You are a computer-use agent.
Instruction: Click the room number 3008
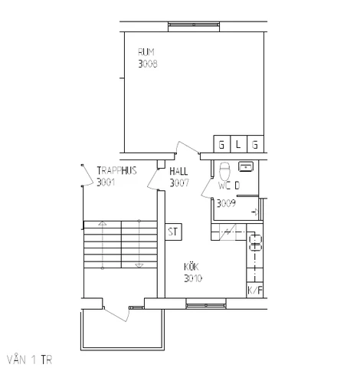tap(148, 64)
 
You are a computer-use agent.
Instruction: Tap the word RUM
tap(146, 52)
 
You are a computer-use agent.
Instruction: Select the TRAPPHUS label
tap(116, 170)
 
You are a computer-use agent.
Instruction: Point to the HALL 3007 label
tap(179, 177)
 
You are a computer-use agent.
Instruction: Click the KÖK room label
tap(191, 267)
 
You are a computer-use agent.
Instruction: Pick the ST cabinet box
tap(173, 232)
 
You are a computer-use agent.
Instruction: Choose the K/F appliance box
tap(255, 290)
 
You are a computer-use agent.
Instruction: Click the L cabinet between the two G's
tap(238, 144)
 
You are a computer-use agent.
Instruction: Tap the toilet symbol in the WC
tap(225, 171)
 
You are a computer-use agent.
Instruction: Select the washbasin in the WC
tap(246, 166)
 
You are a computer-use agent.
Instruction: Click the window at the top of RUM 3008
tap(194, 25)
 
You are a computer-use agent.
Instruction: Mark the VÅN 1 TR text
tap(29, 360)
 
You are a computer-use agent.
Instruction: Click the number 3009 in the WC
tap(226, 203)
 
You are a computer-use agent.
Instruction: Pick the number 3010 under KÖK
tap(193, 278)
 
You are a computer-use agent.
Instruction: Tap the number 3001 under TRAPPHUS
tap(106, 182)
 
